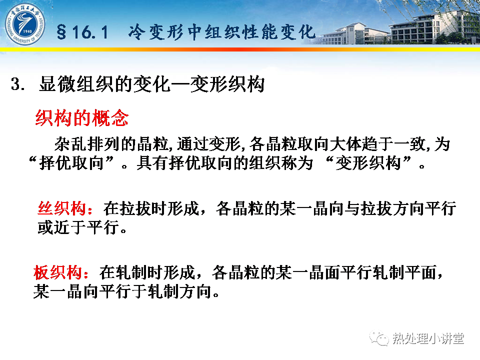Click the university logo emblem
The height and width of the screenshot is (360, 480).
25,24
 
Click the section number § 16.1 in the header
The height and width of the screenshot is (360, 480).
82,32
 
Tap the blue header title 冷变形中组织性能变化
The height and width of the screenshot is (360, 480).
221,32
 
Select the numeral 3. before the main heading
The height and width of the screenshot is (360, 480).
18,84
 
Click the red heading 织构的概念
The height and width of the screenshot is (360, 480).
82,118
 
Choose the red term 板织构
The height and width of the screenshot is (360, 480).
58,272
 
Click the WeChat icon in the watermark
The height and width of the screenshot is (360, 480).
379,338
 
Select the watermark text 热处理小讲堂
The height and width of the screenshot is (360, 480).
428,338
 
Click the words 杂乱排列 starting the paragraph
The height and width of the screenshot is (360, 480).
87,144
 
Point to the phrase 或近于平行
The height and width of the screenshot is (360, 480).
78,227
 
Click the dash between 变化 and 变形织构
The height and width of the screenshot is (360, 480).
180,84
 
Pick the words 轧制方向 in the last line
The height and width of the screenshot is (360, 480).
179,291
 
